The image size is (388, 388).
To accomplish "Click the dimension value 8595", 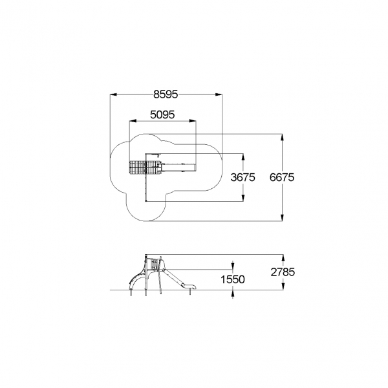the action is tap(166, 94).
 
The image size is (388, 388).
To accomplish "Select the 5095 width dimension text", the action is tap(162, 114).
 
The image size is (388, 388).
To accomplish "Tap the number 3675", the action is tap(242, 177).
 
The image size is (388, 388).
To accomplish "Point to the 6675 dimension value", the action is tap(282, 177).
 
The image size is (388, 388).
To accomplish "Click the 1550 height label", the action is tap(233, 279).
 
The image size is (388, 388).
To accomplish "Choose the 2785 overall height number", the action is tap(283, 272).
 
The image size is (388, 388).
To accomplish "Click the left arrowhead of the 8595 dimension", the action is tap(113, 94).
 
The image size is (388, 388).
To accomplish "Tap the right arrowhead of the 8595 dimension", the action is tap(219, 94).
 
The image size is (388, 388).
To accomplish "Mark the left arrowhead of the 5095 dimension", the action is tap(133, 121).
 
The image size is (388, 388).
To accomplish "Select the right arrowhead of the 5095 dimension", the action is tap(193, 121).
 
